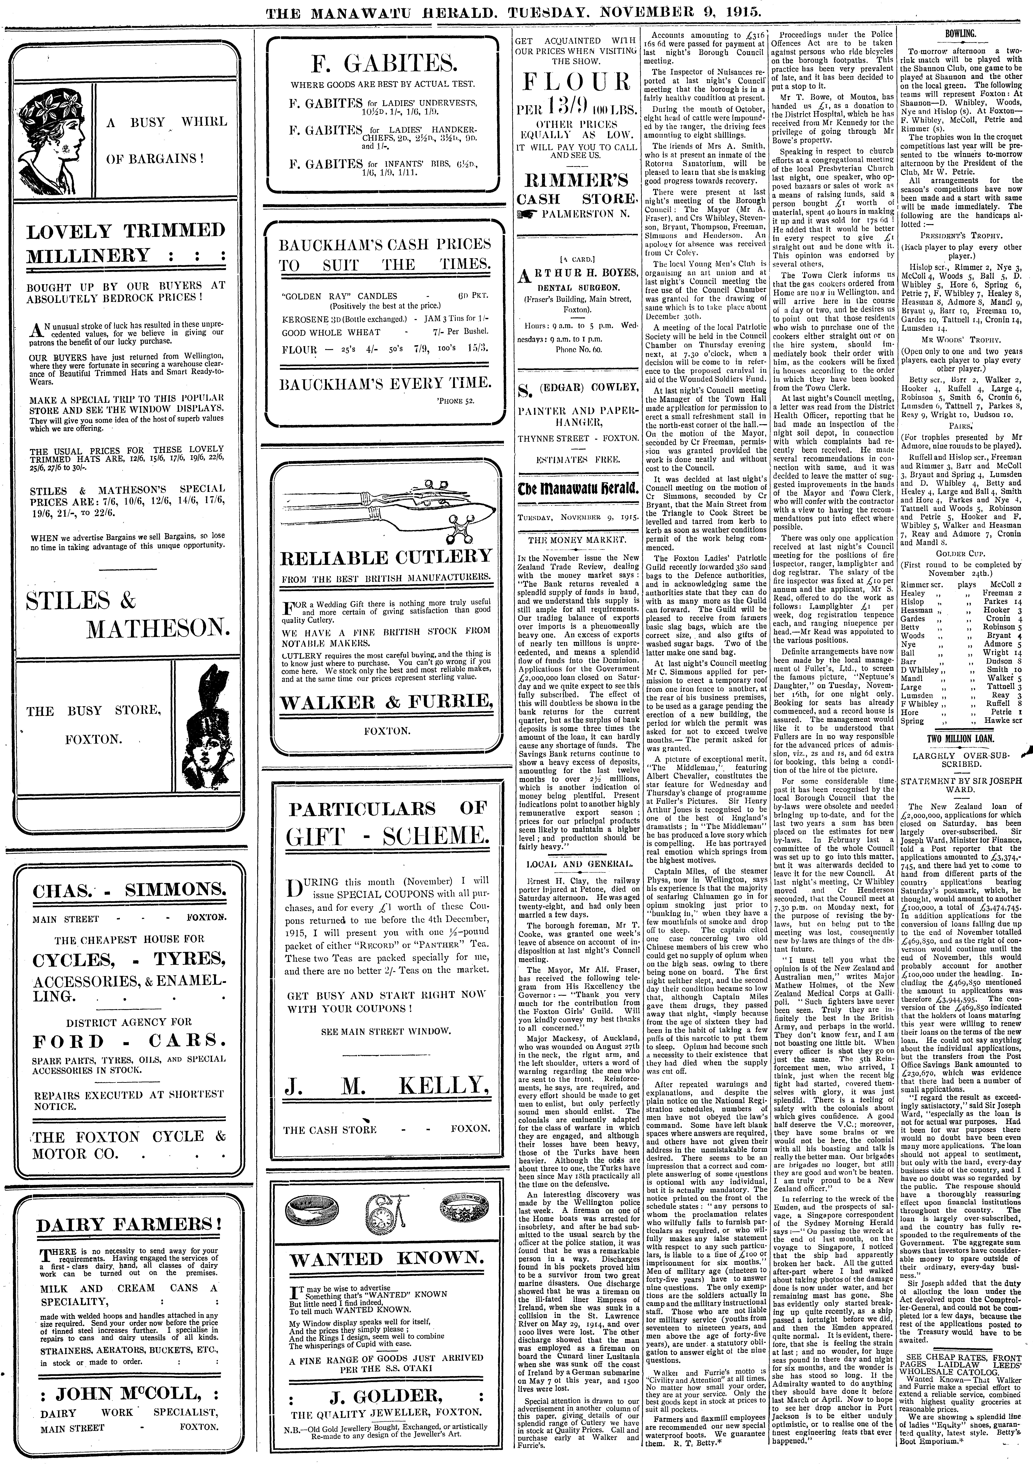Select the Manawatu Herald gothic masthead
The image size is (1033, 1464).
pos(576,490)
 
